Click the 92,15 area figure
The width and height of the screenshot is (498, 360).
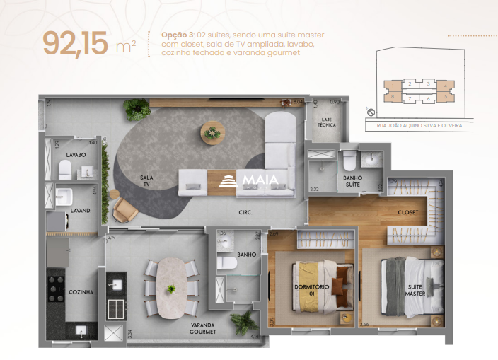tap(76, 44)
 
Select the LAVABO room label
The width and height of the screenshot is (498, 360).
tap(76, 154)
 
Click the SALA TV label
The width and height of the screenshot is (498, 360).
tap(146, 181)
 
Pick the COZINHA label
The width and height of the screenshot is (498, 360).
tap(81, 291)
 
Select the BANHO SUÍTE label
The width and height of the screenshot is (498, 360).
tap(352, 181)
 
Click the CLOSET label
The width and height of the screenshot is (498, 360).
tap(407, 212)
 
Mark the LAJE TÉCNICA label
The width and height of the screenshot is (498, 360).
tap(327, 123)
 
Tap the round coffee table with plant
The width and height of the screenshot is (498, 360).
tap(212, 132)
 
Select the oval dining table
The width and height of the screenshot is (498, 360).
tap(170, 287)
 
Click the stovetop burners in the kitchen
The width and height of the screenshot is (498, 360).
tap(57, 287)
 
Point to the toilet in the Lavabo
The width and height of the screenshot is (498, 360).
tap(65, 168)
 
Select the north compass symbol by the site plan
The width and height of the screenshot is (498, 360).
tap(369, 110)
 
